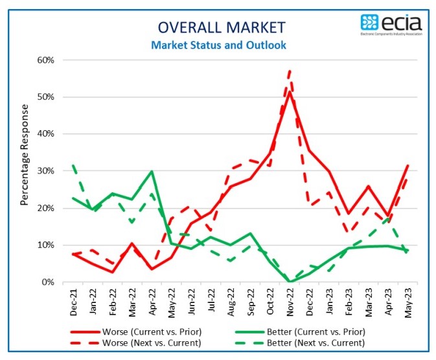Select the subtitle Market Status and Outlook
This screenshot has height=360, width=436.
point(218,45)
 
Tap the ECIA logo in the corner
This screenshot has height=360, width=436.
point(391,25)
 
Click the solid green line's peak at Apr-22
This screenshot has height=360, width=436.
point(152,172)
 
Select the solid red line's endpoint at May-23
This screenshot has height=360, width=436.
point(407,165)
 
